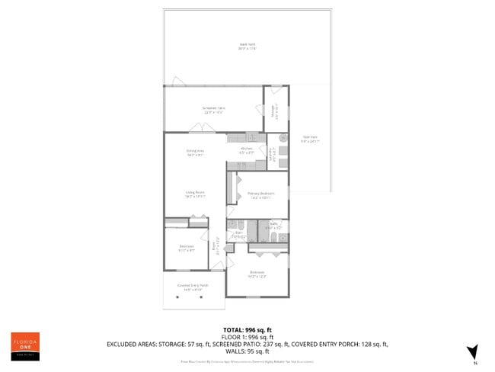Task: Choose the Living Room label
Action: (196, 194)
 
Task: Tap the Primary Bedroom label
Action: (261, 195)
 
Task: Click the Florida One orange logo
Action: (25, 346)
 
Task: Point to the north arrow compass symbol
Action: (472, 351)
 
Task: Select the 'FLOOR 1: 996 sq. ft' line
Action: (247, 337)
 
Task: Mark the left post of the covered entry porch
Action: (178, 296)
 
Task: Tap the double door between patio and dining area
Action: (196, 130)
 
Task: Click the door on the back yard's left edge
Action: (177, 82)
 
